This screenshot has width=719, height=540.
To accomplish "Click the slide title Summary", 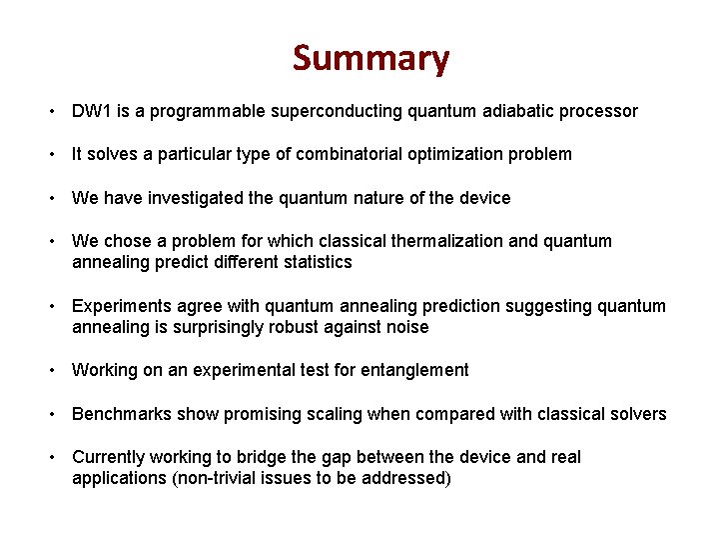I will click(x=370, y=59).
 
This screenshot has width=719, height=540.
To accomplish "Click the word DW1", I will click(x=92, y=111).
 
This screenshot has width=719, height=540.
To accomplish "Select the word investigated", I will click(x=197, y=198).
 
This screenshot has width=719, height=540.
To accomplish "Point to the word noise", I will click(x=405, y=327).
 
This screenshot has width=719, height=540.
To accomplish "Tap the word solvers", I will click(x=637, y=414).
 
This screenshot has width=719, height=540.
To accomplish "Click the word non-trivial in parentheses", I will click(x=212, y=478).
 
